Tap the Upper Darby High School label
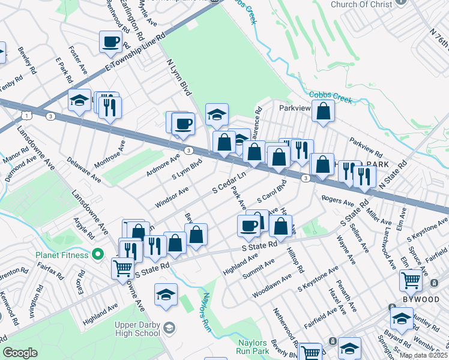(x=137, y=329)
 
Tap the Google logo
(x=20, y=353)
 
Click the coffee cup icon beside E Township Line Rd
(x=111, y=42)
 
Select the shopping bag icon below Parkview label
(x=323, y=110)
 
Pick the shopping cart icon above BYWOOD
(x=411, y=279)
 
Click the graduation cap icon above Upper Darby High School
(x=166, y=294)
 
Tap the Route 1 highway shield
(x=25, y=114)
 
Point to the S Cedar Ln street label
(x=229, y=184)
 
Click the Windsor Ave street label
(x=172, y=196)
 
